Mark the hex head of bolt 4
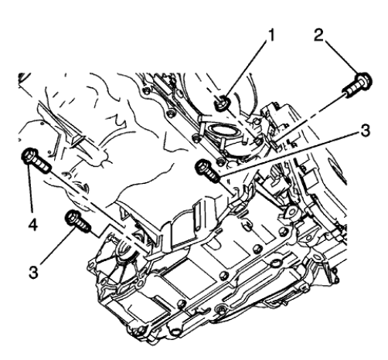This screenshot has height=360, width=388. pyautogui.click(x=30, y=158)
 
